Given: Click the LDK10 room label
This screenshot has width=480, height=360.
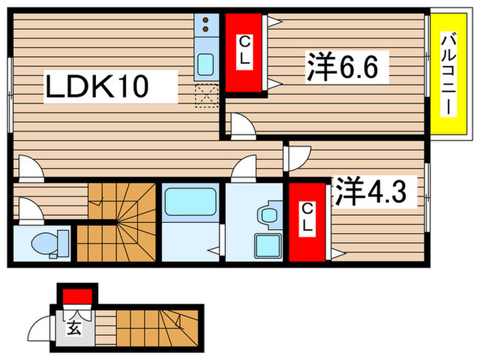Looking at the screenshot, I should [95, 87].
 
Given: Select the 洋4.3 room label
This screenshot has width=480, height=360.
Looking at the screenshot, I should [375, 193].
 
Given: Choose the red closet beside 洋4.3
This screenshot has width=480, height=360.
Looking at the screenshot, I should [307, 221].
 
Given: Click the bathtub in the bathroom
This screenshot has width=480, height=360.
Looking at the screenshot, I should [190, 203].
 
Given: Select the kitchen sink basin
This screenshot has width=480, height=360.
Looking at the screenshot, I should [205, 66].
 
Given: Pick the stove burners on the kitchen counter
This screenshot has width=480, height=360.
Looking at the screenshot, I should [205, 27].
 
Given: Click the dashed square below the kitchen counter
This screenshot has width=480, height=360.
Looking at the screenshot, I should [206, 97].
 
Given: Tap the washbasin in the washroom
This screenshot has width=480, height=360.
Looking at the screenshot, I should [267, 213].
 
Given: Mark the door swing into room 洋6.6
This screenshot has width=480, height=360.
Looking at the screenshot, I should [241, 125].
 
